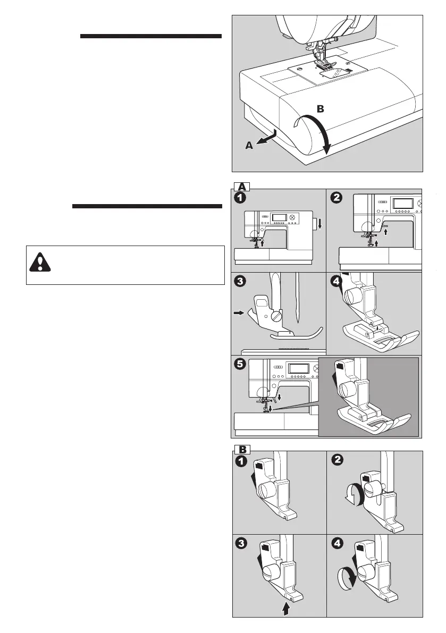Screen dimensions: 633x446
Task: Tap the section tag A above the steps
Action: pyautogui.click(x=242, y=186)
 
